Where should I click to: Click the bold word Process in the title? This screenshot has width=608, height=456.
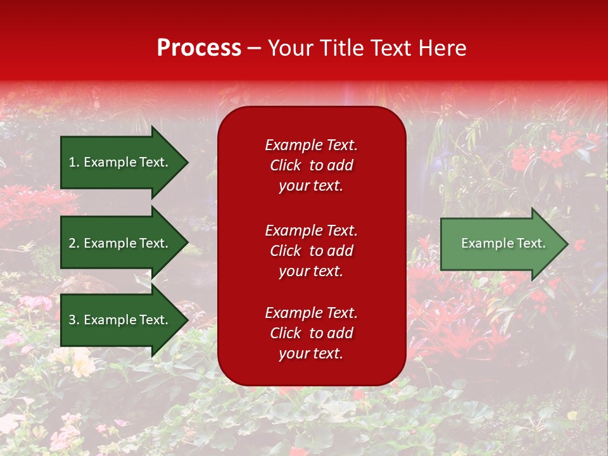[199, 47]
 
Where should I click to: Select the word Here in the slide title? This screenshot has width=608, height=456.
[443, 47]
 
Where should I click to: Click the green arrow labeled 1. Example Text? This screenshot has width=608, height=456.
[125, 162]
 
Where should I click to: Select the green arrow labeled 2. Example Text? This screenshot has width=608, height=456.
[125, 243]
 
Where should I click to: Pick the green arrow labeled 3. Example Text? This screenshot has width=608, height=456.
[125, 319]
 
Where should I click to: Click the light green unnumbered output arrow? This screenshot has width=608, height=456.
[505, 243]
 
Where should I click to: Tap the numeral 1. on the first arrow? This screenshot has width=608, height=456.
[74, 162]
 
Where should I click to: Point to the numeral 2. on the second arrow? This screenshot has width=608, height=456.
[74, 243]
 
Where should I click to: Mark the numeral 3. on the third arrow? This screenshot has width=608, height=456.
[74, 319]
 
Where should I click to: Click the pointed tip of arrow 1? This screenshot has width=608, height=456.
[189, 163]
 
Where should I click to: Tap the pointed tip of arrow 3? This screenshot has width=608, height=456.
[189, 320]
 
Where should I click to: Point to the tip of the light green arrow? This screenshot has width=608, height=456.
[569, 244]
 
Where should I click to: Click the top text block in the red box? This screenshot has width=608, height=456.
[312, 165]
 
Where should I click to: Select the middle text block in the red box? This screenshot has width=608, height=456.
[312, 251]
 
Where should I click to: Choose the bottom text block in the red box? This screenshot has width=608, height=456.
[312, 332]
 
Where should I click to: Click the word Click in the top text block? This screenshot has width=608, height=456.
[286, 165]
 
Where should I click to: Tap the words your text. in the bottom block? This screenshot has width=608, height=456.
[311, 353]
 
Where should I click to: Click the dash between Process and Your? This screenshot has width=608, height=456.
[255, 49]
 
